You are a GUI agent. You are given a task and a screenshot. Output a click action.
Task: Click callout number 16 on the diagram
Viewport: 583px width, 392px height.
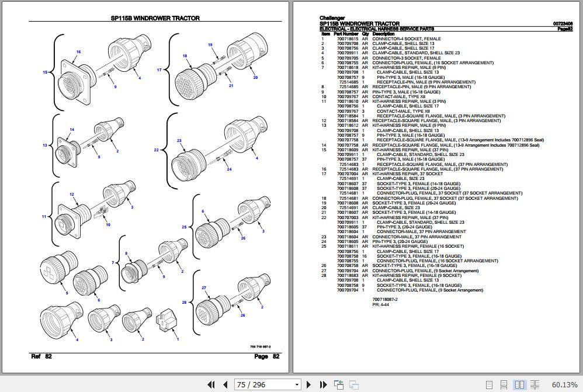click(78, 52)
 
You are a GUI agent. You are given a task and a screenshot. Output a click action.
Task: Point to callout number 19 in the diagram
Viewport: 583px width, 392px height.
click(210, 45)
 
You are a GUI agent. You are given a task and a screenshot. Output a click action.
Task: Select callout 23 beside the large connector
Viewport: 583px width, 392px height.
click(179, 141)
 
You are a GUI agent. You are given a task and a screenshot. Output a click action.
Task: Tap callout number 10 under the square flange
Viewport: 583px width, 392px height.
click(107, 224)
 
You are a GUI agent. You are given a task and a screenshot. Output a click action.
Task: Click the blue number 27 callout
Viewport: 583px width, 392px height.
click(204, 288)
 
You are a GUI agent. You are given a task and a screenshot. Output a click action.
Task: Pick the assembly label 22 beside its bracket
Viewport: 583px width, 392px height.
click(157, 150)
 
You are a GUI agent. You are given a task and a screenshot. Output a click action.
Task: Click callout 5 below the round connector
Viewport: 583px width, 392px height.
click(67, 293)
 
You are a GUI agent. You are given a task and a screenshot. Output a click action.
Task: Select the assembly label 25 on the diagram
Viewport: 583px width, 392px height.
click(184, 227)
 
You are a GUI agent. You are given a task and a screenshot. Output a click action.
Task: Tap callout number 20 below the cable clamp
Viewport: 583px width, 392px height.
click(255, 77)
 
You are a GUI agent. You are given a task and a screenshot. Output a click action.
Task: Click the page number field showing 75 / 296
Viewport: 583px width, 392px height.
click(268, 384)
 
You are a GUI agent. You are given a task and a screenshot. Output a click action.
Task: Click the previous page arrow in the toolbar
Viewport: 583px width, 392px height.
click(224, 384)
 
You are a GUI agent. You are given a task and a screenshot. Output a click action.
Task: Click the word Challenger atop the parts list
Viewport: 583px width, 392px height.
click(332, 18)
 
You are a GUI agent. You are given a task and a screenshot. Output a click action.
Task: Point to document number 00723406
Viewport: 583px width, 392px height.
click(563, 24)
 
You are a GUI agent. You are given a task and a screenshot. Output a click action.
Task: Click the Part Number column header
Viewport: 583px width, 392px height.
click(346, 34)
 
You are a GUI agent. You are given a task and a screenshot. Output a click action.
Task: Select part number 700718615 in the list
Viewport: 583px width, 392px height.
click(348, 39)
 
